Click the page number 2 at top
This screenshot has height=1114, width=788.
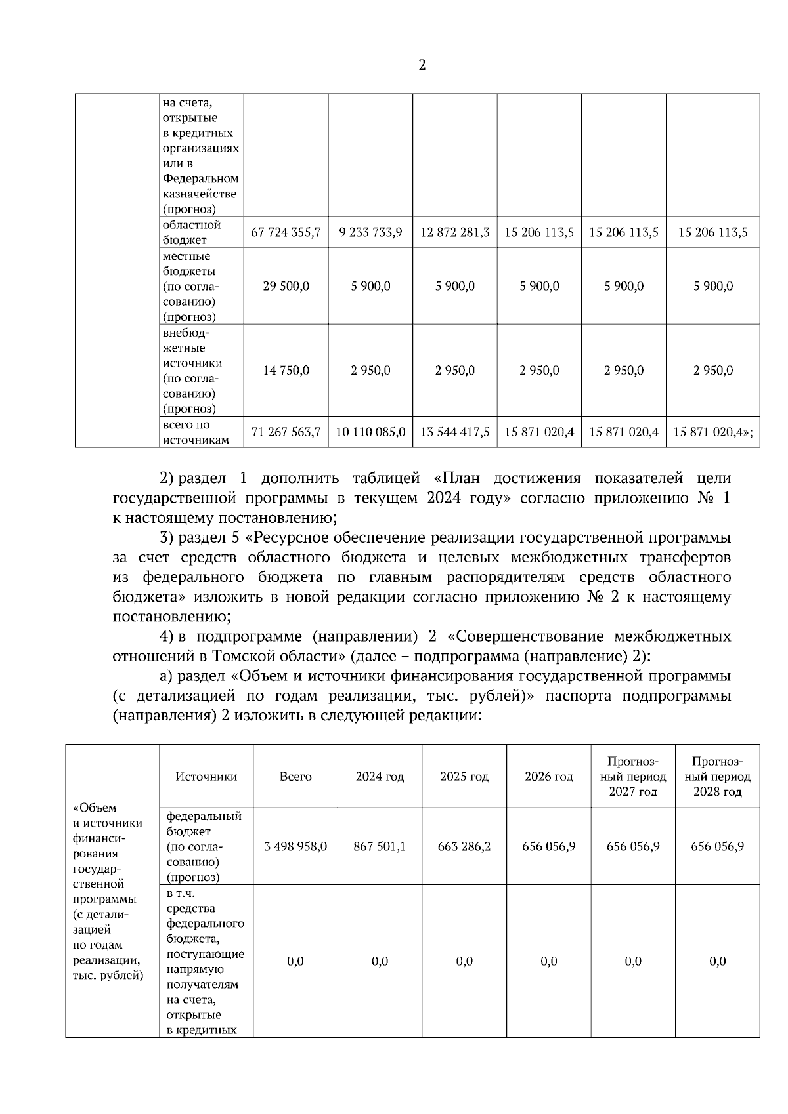tap(422, 65)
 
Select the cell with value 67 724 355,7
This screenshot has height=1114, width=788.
tap(286, 232)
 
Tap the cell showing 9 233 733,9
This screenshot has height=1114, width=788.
tap(370, 232)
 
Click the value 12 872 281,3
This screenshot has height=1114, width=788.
tap(454, 232)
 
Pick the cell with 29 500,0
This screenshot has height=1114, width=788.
tap(286, 286)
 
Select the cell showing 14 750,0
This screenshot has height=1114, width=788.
tap(286, 370)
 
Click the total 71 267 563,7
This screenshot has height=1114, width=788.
tap(286, 432)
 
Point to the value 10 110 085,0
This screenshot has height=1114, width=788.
tap(370, 432)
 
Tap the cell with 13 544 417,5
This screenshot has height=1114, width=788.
tap(454, 432)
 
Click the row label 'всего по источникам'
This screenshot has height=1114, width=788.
tap(196, 432)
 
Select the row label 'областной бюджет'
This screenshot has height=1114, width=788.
tap(192, 232)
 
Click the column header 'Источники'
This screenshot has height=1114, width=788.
tap(206, 776)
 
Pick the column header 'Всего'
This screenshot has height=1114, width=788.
tap(295, 776)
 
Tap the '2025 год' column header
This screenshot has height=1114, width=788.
tap(464, 776)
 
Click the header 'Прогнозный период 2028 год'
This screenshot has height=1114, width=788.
tap(717, 776)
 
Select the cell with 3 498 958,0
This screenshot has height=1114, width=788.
tap(295, 846)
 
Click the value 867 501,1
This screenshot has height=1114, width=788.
tap(380, 846)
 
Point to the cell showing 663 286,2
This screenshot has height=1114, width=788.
tap(464, 846)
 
